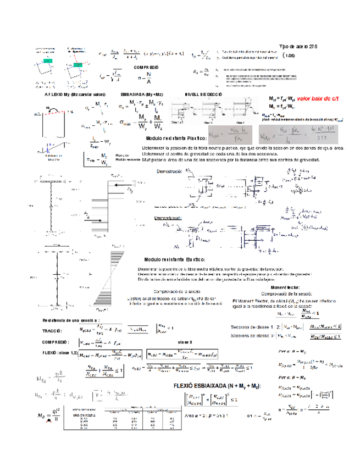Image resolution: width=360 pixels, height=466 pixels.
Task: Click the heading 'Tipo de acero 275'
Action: click(x=298, y=47)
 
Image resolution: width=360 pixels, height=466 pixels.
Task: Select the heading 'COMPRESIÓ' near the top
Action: click(x=146, y=66)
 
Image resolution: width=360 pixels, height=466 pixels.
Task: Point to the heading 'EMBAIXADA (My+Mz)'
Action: click(x=141, y=95)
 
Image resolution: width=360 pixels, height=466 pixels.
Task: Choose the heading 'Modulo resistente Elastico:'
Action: click(x=174, y=259)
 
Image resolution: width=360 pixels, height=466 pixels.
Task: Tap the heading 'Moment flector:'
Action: click(x=285, y=287)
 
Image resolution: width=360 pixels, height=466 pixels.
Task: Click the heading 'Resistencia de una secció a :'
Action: click(x=71, y=320)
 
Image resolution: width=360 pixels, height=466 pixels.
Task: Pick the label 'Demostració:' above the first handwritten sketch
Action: click(x=169, y=172)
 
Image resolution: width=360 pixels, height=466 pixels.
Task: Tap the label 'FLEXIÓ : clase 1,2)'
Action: click(x=59, y=352)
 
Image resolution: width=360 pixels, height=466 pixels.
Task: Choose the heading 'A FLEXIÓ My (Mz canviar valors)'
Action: click(x=75, y=95)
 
